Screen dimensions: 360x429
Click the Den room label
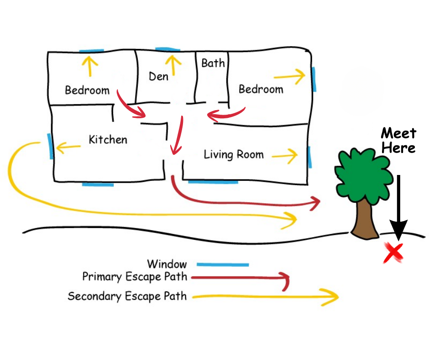(158, 76)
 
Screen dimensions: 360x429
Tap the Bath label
(213, 63)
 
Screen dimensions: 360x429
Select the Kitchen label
(108, 139)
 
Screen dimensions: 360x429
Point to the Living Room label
(234, 154)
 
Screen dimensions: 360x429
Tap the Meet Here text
(398, 140)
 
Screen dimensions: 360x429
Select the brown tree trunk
(365, 219)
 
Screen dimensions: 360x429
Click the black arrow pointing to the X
(399, 206)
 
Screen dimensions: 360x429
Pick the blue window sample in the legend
(222, 265)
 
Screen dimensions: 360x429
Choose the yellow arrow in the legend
(265, 297)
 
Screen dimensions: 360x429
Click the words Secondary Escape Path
(127, 296)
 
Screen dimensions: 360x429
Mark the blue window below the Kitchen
(98, 184)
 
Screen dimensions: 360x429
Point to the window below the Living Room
(213, 182)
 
